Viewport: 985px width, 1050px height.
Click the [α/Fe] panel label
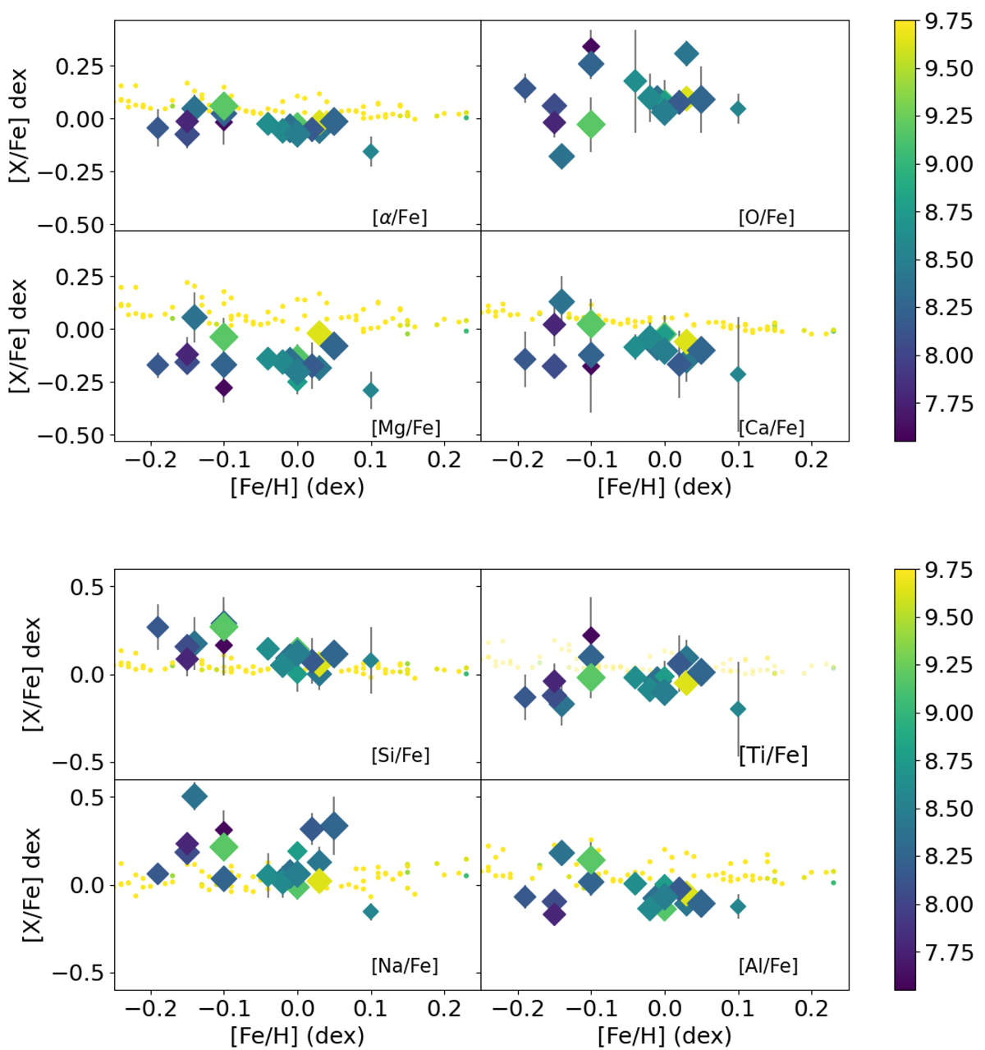click(x=399, y=218)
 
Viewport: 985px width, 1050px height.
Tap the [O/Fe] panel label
click(x=766, y=218)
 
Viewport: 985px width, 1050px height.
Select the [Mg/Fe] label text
click(x=405, y=428)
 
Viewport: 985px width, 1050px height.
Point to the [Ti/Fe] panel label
click(x=773, y=754)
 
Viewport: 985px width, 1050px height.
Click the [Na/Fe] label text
click(x=405, y=966)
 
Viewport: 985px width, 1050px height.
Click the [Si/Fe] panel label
click(x=401, y=754)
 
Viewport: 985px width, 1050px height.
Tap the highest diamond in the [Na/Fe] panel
click(x=195, y=796)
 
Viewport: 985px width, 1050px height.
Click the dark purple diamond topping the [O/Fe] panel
click(x=591, y=47)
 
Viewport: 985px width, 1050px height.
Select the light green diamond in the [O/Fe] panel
click(x=591, y=125)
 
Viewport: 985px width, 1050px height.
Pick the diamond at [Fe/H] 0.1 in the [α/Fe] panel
click(x=371, y=151)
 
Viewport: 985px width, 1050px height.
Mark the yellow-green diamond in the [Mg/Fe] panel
click(x=319, y=332)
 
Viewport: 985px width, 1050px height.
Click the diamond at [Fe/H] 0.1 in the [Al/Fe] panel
click(x=738, y=906)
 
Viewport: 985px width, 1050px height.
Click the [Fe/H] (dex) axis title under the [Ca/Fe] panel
click(x=664, y=487)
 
